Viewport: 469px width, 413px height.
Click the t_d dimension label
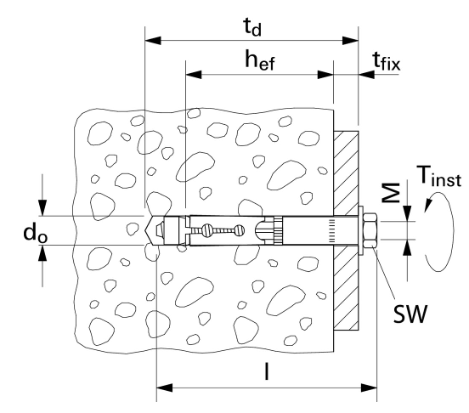(252, 27)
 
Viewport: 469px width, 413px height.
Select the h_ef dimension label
(260, 60)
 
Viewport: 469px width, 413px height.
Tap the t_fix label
(387, 61)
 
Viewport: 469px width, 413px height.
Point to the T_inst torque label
(439, 177)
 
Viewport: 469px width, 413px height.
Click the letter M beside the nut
(391, 193)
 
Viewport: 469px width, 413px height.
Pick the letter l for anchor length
(267, 371)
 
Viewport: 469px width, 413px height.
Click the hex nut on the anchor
(370, 230)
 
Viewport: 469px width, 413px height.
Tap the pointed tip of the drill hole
(145, 230)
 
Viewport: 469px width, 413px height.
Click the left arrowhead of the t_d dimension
(153, 41)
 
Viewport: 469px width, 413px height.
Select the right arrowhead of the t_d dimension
(350, 41)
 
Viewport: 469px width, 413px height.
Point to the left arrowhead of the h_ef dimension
(194, 75)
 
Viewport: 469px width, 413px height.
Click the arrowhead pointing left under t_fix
(366, 75)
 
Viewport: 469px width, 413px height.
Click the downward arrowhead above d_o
(42, 207)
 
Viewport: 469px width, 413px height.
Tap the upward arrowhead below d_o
(42, 253)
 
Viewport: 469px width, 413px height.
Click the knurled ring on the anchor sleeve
(278, 230)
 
